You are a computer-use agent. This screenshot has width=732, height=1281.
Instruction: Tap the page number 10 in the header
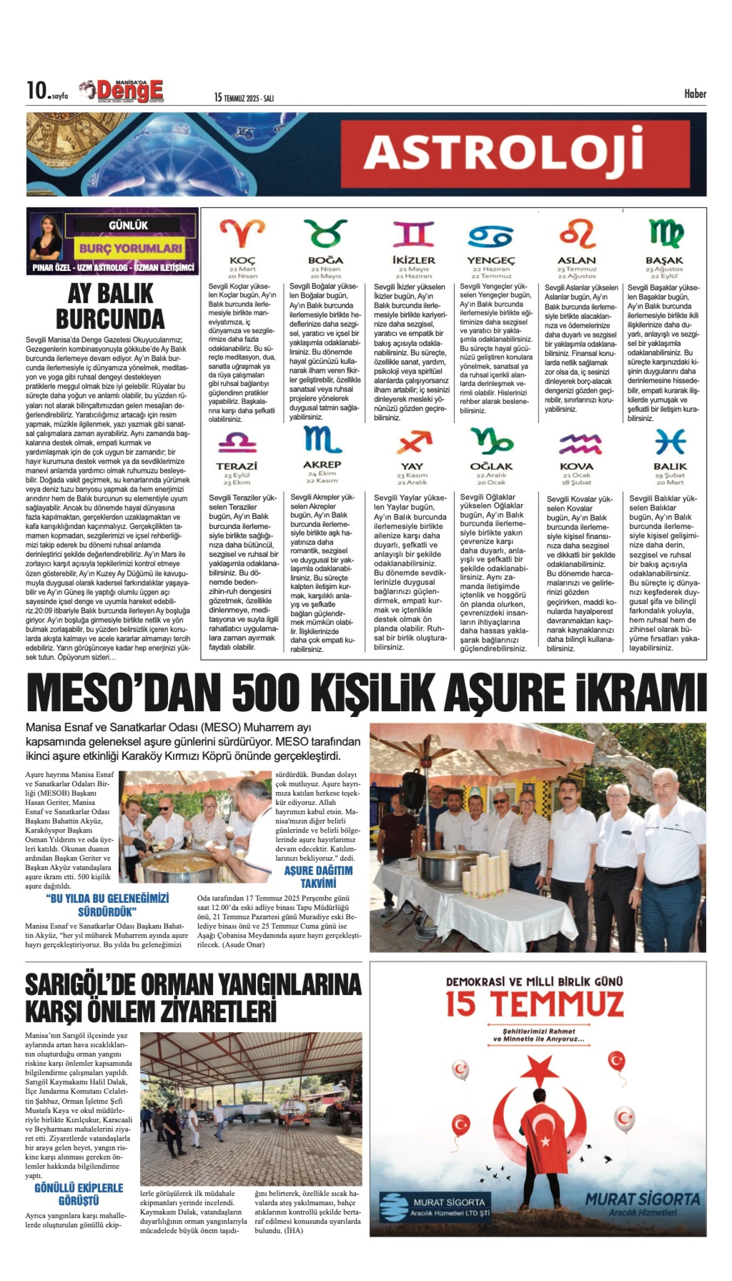click(36, 91)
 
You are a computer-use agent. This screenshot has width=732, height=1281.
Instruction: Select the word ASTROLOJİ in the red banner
click(503, 153)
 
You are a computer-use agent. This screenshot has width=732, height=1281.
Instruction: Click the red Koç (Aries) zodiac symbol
click(242, 233)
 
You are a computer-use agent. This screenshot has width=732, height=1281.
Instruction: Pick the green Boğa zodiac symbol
click(325, 233)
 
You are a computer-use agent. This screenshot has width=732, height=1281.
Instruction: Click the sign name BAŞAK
click(664, 260)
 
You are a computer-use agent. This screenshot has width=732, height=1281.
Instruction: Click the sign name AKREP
click(322, 465)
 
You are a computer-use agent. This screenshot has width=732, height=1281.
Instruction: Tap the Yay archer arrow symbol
click(413, 442)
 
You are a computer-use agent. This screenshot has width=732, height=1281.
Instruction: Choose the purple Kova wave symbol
click(580, 443)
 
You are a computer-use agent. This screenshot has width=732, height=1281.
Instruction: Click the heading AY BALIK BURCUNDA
click(110, 306)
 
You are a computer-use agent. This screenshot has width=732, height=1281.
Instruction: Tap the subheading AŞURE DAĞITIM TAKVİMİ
click(318, 877)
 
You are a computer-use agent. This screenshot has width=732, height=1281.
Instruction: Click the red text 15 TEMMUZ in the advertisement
click(534, 1004)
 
